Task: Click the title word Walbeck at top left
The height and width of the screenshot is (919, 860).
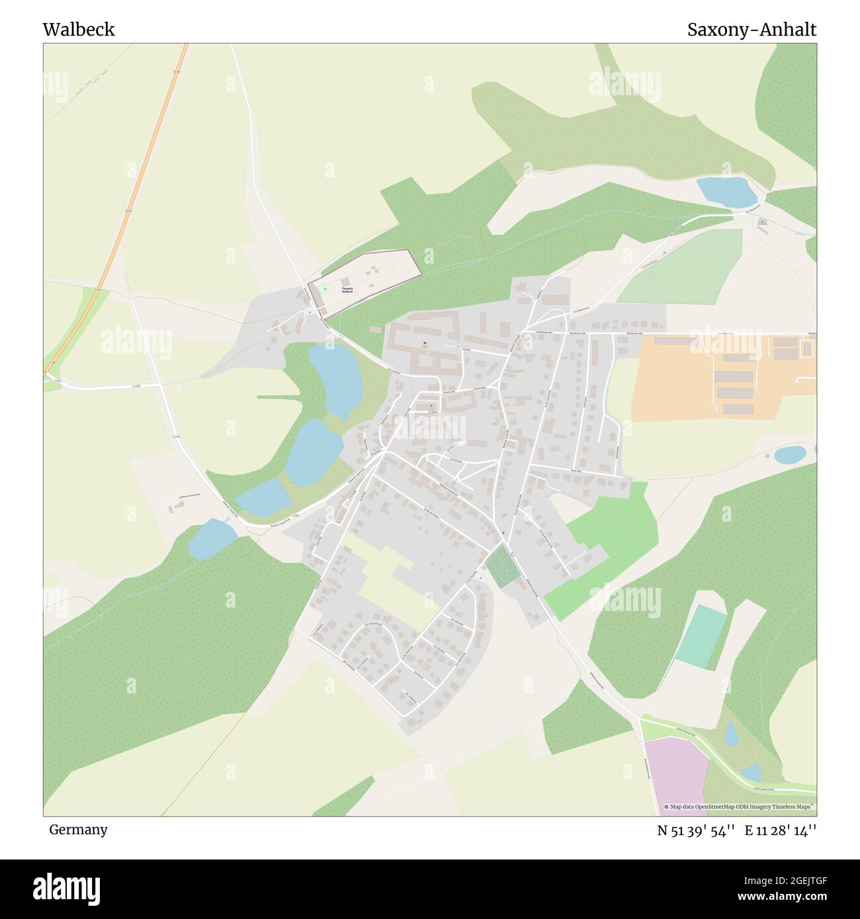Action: tap(79, 30)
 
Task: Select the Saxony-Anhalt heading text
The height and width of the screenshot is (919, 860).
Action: tap(752, 30)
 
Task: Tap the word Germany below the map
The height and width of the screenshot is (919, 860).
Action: tap(78, 829)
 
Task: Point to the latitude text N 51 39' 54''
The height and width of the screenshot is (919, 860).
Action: tap(695, 830)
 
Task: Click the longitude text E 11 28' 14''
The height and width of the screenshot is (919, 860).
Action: tap(781, 830)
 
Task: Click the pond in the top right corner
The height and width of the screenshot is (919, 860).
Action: tap(726, 192)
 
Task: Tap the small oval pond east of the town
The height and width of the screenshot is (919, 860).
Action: tap(789, 455)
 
